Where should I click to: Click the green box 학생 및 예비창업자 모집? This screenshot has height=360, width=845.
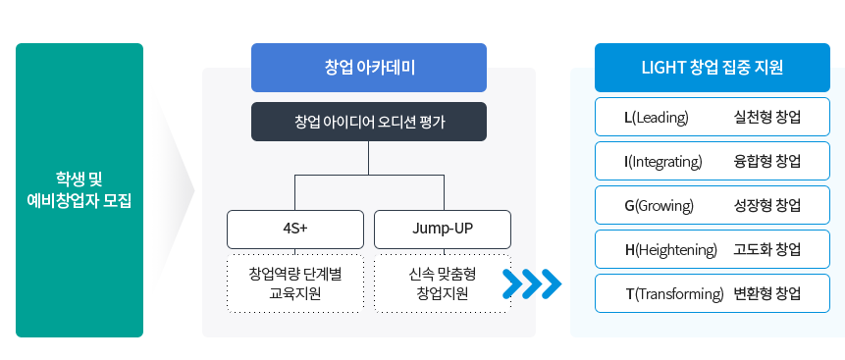79,190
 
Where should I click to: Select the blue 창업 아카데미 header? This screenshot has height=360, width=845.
368,68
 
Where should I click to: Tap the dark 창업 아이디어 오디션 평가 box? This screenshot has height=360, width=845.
368,122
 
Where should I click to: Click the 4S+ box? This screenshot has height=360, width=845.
294,230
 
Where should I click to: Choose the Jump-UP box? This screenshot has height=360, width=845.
443,230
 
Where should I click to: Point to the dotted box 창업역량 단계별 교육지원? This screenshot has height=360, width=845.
294,283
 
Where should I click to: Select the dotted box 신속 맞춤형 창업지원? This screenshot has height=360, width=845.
443,283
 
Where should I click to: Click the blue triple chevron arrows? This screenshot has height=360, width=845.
531,283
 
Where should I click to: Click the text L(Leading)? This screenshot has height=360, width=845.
657,118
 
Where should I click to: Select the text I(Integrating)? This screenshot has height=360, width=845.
663,162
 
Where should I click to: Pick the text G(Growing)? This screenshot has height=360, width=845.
660,206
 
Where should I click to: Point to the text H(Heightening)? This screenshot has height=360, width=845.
670,250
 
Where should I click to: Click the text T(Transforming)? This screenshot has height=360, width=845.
674,294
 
